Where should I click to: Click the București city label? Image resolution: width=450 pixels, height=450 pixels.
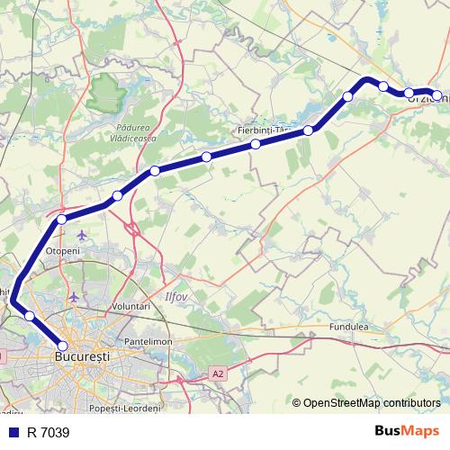[x=83, y=357]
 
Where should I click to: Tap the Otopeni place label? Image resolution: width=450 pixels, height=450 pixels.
[x=62, y=251]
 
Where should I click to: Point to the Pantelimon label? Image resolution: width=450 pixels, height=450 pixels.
[x=148, y=343]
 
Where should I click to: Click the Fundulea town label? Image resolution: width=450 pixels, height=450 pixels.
[x=350, y=327]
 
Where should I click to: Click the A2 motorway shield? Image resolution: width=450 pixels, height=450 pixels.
[x=218, y=373]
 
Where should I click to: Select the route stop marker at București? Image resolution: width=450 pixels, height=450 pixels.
[x=62, y=346]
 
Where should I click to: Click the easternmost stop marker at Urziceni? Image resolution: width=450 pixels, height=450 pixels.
[x=437, y=94]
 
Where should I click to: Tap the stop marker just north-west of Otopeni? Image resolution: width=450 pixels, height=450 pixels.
[x=62, y=219]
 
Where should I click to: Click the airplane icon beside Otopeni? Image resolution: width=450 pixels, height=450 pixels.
[x=83, y=236]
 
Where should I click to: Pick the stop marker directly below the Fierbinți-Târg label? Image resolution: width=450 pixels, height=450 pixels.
[x=256, y=144]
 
